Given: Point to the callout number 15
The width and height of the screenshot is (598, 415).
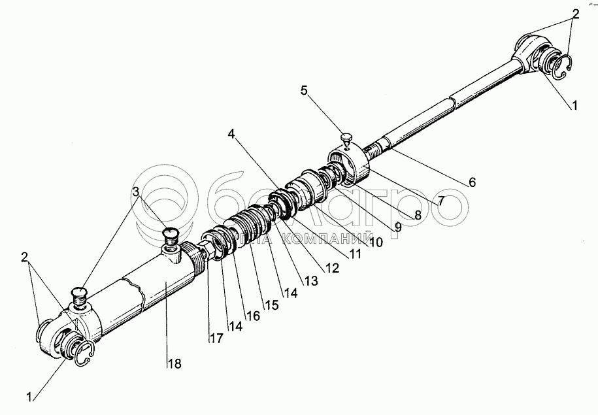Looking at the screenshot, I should tap(271, 305).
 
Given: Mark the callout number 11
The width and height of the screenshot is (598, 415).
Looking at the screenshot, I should tap(354, 254).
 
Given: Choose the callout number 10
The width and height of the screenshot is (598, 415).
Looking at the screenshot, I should tap(375, 241).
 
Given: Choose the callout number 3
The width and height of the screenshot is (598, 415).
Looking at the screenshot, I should tap(135, 190).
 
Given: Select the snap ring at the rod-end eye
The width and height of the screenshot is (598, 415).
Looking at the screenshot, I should tap(563, 64).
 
